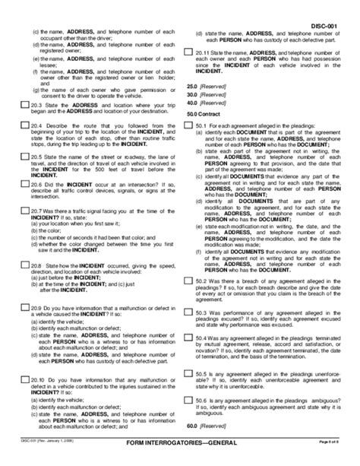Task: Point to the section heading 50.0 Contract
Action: (x=204, y=112)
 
